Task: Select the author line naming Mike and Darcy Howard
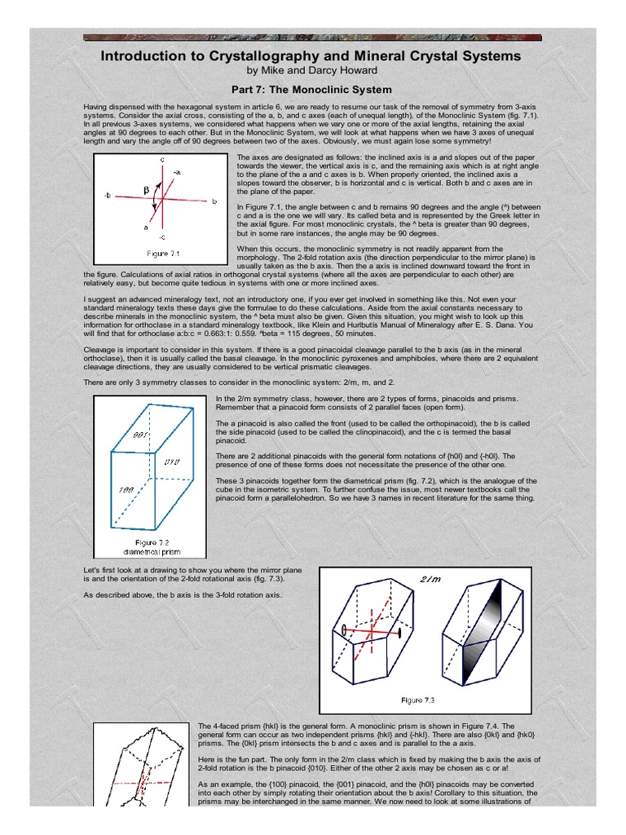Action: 312,71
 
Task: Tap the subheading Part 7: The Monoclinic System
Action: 312,90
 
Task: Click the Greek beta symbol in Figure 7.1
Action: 147,190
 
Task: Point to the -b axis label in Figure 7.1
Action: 107,197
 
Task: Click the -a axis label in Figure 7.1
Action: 178,172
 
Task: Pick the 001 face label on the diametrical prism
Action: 139,435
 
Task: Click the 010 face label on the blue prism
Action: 172,462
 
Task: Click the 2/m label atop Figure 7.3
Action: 430,578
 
